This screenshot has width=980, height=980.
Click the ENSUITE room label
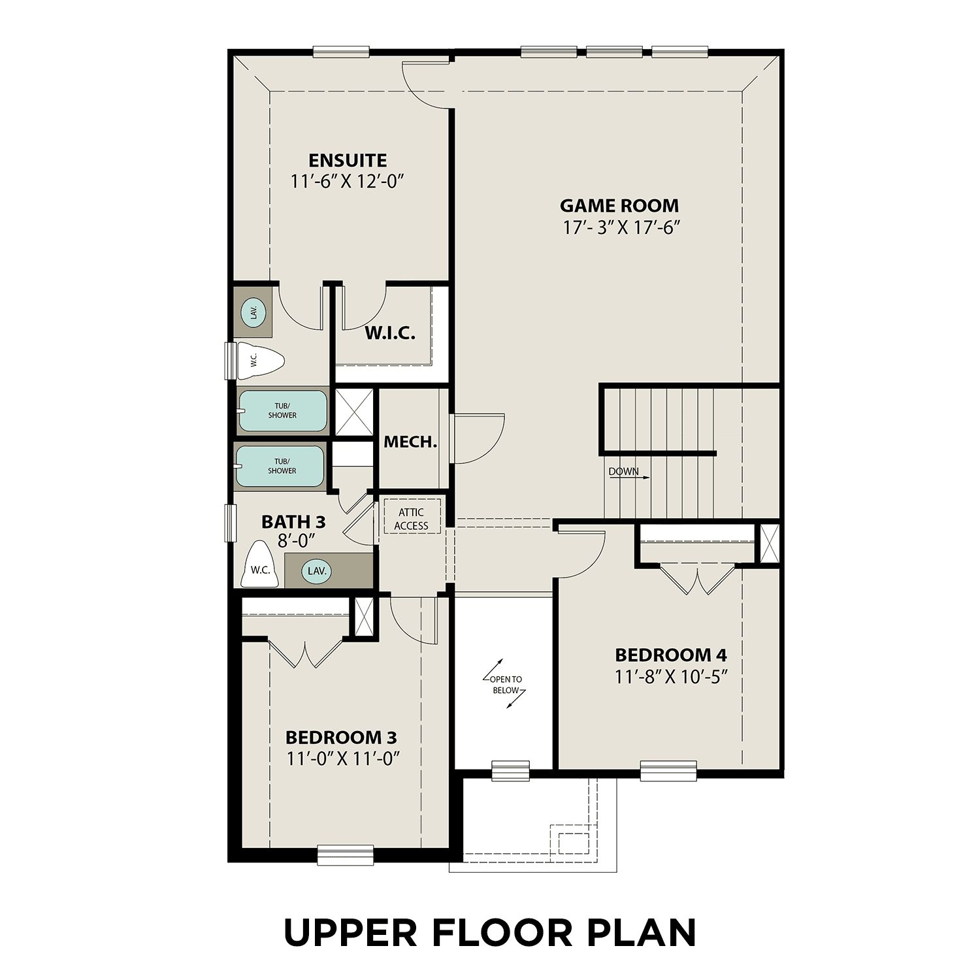coord(348,160)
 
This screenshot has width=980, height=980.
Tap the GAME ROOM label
coord(619,206)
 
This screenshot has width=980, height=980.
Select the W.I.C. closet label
coord(389,333)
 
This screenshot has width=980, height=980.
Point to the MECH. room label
coord(410,442)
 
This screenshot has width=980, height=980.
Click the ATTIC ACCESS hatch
coord(411,519)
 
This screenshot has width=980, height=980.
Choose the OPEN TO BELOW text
coord(506,685)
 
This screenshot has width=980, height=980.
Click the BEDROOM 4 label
coord(671,655)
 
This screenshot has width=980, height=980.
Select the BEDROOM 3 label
coord(341,738)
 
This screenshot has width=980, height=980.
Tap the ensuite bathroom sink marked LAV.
coord(253,312)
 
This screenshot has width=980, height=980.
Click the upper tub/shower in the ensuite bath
coord(282,411)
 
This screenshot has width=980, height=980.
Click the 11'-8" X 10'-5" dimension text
coord(671,676)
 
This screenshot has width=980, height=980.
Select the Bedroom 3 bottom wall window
coord(346,855)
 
